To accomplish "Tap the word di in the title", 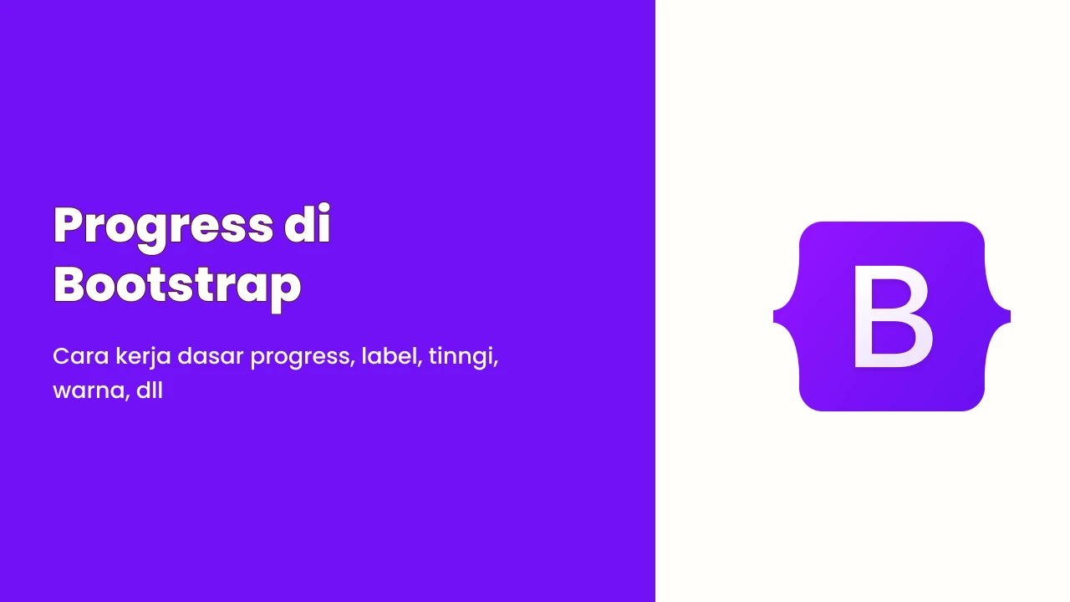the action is [307, 223].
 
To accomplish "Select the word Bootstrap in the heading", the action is [177, 287].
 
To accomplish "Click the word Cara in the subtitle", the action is [81, 356].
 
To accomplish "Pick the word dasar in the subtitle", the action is [210, 356].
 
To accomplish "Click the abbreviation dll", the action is [150, 390].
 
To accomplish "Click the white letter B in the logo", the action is [892, 317].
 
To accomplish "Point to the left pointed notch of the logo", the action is [774, 316].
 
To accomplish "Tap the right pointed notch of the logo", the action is [1009, 316].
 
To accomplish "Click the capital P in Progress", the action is [72, 224].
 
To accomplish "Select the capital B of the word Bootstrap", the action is [72, 285].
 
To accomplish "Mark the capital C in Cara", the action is [61, 356].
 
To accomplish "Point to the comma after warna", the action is [128, 397].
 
